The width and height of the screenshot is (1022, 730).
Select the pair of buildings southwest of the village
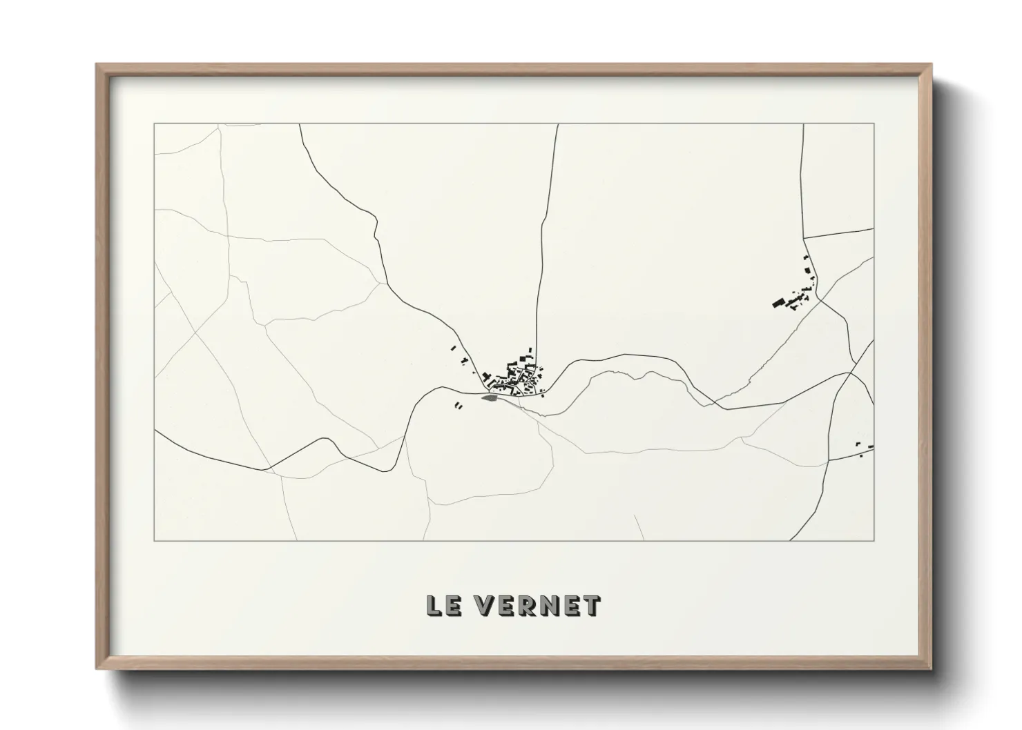point(458,406)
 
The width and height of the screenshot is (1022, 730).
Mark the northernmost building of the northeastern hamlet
point(805,258)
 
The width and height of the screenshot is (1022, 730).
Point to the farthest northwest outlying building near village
point(453,348)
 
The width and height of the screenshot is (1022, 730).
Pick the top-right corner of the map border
point(874,124)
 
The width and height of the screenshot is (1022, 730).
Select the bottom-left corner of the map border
point(154,540)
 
